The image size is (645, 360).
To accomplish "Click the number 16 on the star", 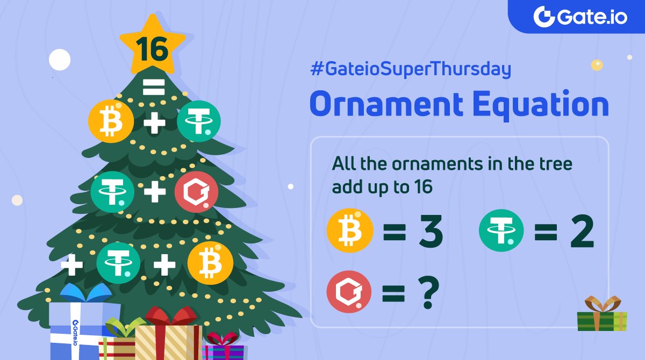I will (152, 50).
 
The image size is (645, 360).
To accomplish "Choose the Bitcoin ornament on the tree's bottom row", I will (210, 263).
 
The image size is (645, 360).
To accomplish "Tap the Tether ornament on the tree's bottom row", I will (118, 264).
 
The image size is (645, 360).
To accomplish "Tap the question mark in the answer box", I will (427, 293).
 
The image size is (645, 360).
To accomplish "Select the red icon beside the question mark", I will (349, 292).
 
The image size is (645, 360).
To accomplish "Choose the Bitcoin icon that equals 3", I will (350, 232).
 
